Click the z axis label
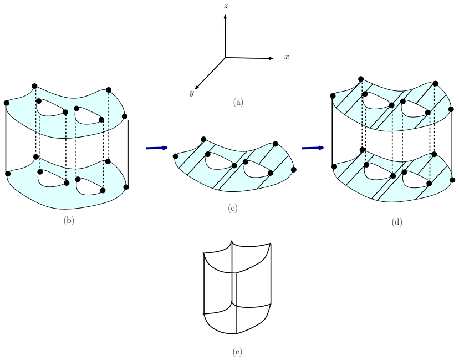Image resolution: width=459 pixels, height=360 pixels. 226,6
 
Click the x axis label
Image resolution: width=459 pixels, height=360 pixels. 287,57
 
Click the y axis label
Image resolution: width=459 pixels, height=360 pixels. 191,93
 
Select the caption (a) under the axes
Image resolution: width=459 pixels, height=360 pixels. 238,102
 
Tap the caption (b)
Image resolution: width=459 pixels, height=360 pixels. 69,221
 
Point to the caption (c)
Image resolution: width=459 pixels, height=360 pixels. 233,208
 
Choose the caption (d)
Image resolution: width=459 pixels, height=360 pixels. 397,222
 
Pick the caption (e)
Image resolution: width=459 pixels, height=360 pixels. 237,352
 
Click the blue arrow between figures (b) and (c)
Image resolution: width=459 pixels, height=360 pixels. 157,148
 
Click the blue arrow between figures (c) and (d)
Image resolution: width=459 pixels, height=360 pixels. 313,148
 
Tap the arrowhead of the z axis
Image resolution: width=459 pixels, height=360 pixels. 225,17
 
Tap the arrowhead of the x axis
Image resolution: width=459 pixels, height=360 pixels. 272,58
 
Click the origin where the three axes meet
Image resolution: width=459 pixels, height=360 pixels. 225,58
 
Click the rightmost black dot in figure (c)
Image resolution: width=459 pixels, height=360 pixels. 294,170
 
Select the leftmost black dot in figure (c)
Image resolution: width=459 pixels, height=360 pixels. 175,156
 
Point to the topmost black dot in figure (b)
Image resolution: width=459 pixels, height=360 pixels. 34,86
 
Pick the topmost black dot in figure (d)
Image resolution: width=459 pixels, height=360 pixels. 361,79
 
